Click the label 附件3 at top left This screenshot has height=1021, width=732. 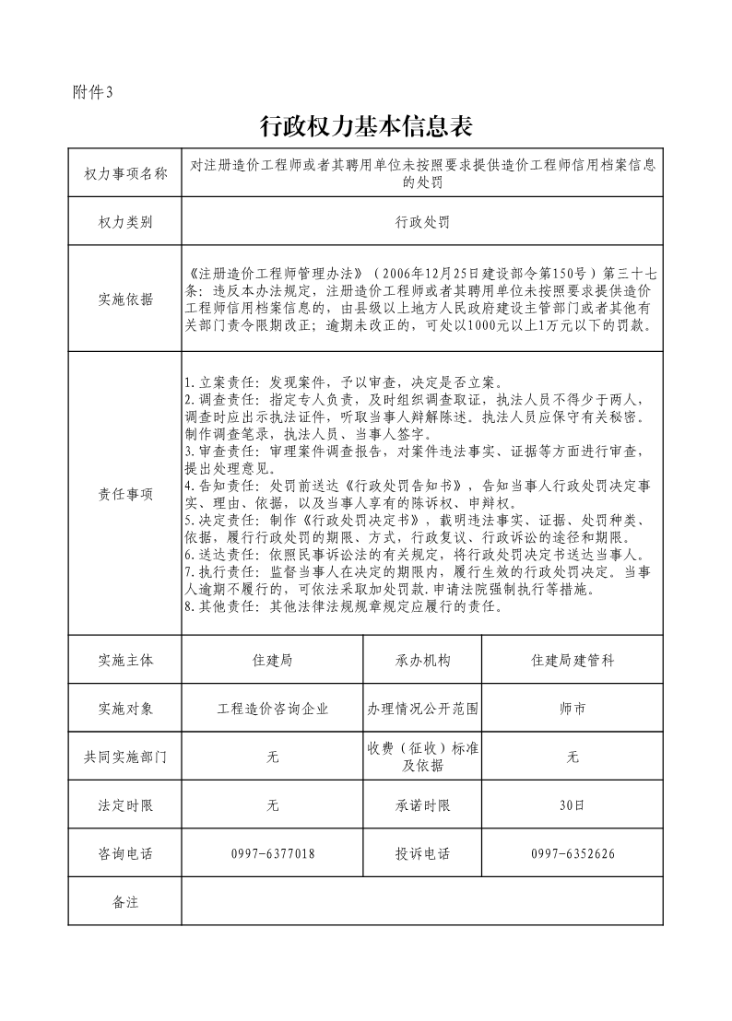(91, 92)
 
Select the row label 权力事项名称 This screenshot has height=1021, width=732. (124, 173)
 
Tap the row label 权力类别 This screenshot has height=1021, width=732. (124, 223)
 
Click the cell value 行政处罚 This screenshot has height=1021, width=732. (422, 223)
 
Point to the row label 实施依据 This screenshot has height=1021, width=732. (124, 299)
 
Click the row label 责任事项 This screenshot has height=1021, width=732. (124, 493)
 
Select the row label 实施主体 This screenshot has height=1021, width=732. (124, 661)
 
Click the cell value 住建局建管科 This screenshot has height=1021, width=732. (573, 661)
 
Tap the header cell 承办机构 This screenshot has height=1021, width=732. (423, 661)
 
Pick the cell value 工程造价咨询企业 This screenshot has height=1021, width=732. (272, 710)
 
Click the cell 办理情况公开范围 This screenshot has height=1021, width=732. (423, 710)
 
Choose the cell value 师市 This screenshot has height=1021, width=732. (573, 710)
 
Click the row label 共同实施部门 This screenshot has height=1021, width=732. (124, 757)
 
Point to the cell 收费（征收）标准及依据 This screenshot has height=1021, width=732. (423, 757)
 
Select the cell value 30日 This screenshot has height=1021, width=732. (573, 805)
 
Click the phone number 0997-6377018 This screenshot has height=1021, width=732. (272, 854)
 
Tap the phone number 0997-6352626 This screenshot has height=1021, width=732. (573, 854)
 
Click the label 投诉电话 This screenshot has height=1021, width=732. (423, 854)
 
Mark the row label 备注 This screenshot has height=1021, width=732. (124, 902)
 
